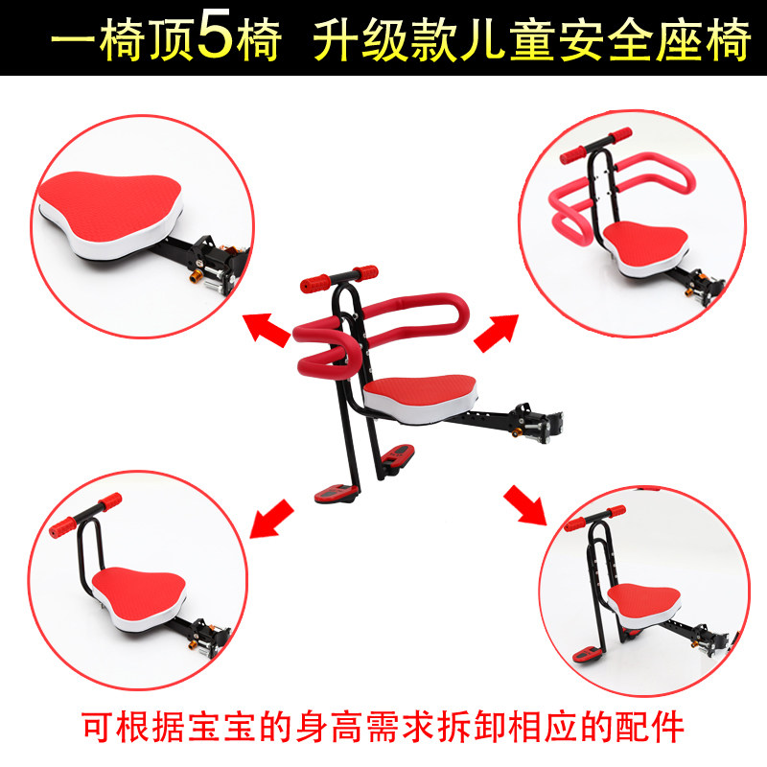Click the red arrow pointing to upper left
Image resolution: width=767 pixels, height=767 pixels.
[267, 331]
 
